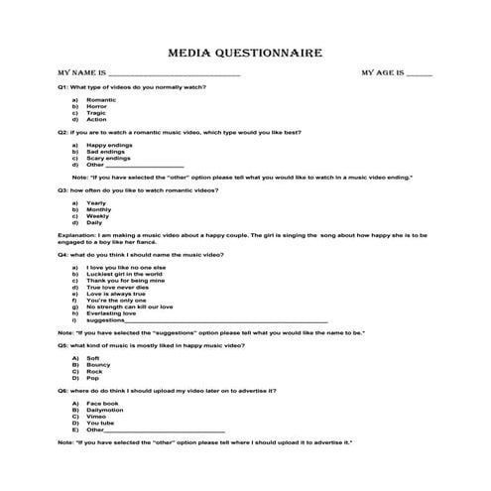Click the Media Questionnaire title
244,55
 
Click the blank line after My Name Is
173,75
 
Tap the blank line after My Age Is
419,75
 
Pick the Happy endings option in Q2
109,145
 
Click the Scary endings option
108,158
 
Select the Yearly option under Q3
97,202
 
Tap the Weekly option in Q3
98,215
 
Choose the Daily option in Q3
95,222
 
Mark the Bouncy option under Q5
99,364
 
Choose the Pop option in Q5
93,377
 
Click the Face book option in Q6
103,404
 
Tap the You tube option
101,423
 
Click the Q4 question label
63,254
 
